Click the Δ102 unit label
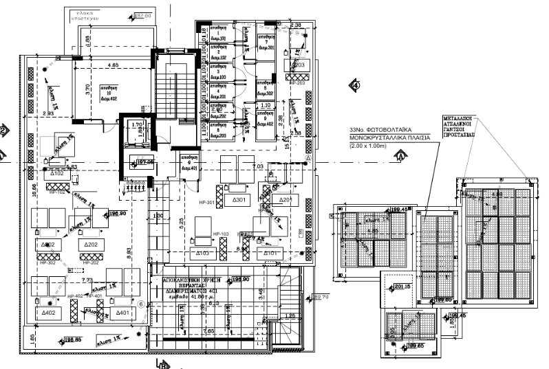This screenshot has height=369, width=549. click(57, 175)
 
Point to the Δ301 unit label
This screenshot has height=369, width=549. click(238, 200)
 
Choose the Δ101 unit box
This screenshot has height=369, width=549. click(268, 253)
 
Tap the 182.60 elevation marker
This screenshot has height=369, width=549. click(142, 15)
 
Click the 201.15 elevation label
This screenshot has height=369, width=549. click(403, 287)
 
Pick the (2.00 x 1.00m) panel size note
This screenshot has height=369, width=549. click(371, 146)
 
